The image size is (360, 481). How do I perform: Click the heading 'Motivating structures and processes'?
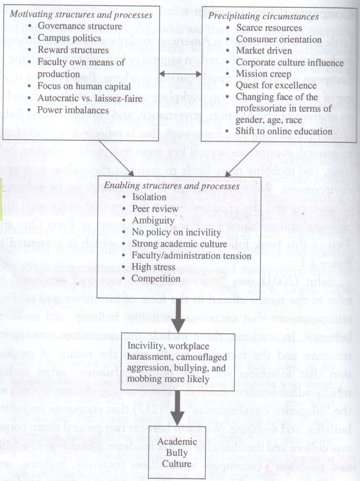pyautogui.click(x=81, y=15)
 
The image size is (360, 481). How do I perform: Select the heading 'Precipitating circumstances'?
pyautogui.click(x=263, y=16)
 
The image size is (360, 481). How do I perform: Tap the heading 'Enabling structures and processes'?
pyautogui.click(x=172, y=186)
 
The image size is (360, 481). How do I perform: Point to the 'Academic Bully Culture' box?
pyautogui.click(x=177, y=452)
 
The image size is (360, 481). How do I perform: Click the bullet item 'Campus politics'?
pyautogui.click(x=69, y=38)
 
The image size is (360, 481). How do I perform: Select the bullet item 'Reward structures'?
pyautogui.click(x=73, y=50)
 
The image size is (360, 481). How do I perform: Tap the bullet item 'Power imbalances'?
pyautogui.click(x=73, y=110)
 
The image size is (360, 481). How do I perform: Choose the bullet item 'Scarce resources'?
pyautogui.click(x=269, y=28)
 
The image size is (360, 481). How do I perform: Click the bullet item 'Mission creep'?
pyautogui.click(x=263, y=74)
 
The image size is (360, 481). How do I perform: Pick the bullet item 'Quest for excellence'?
pyautogui.click(x=276, y=85)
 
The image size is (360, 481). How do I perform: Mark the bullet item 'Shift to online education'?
pyautogui.click(x=284, y=131)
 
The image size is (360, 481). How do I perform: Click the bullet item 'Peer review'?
pyautogui.click(x=155, y=209)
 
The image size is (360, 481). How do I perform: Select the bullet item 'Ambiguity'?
pyautogui.click(x=153, y=220)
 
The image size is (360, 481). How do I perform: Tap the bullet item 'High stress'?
pyautogui.click(x=153, y=267)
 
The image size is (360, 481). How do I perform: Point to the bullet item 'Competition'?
pyautogui.click(x=156, y=278)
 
